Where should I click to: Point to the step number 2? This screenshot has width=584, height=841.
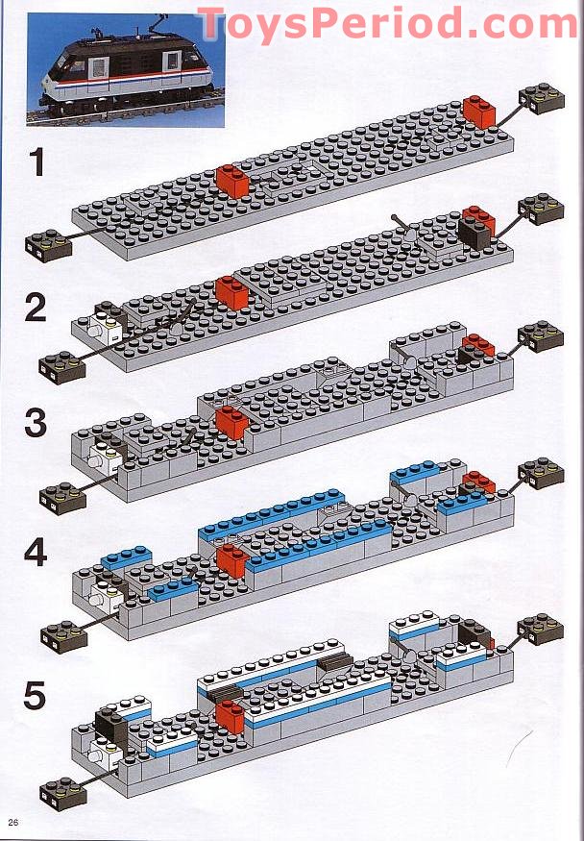click(x=36, y=308)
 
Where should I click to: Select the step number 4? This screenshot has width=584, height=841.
click(x=36, y=556)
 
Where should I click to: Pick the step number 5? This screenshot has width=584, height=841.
click(x=36, y=696)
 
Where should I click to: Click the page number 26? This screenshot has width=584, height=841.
click(x=14, y=821)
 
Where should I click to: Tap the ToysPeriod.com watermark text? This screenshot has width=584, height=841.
click(x=386, y=23)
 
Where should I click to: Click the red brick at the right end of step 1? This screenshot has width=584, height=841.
click(x=478, y=111)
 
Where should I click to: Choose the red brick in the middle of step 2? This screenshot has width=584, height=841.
click(x=231, y=290)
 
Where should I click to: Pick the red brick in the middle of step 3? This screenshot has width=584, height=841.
click(x=231, y=422)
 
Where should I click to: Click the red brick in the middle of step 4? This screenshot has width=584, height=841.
click(x=231, y=562)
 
